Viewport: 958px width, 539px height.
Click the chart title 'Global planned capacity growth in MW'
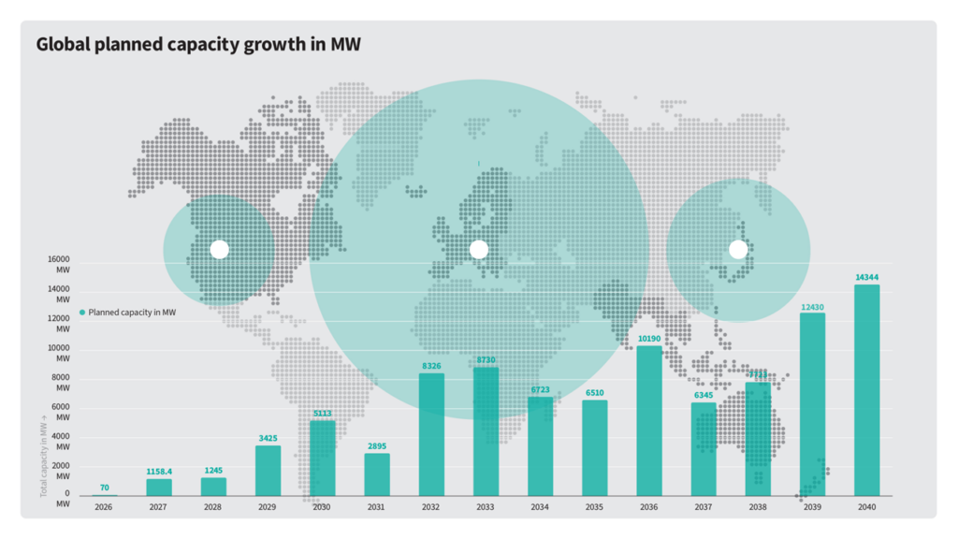tap(198, 44)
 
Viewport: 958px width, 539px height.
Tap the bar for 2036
tap(649, 420)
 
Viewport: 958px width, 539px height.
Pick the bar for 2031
tap(377, 474)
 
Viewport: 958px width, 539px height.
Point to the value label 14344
tap(867, 277)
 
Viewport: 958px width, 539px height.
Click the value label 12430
tap(813, 306)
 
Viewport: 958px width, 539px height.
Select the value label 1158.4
tap(159, 472)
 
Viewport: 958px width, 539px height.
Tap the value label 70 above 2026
tap(104, 488)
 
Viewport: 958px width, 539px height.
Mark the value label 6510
tap(595, 393)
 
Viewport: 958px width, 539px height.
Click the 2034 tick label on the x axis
tap(540, 507)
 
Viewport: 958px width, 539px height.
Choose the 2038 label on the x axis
tap(758, 507)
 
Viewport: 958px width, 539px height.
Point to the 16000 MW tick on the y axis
tap(59, 264)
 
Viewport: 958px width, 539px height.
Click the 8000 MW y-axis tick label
tap(59, 383)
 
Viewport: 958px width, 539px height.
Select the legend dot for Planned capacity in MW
tap(82, 313)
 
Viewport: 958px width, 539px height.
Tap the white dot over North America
tap(219, 249)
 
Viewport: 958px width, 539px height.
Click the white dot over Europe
tap(478, 249)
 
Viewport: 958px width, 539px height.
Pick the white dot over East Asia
tap(738, 249)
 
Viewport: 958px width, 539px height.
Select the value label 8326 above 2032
tap(431, 366)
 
